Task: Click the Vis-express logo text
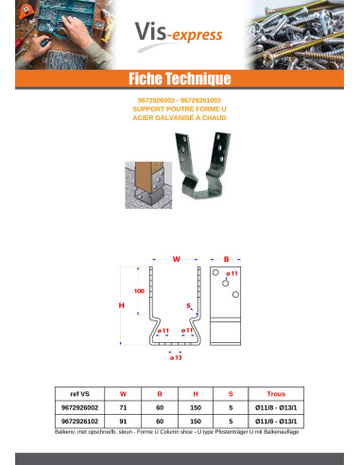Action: tap(179, 35)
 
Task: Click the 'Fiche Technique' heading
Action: tap(180, 77)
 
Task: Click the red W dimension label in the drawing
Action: tap(176, 257)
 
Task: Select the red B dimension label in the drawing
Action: tap(226, 257)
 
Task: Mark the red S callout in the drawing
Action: tap(188, 305)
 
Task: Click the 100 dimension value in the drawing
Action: tap(139, 290)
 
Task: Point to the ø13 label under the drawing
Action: tap(176, 359)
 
